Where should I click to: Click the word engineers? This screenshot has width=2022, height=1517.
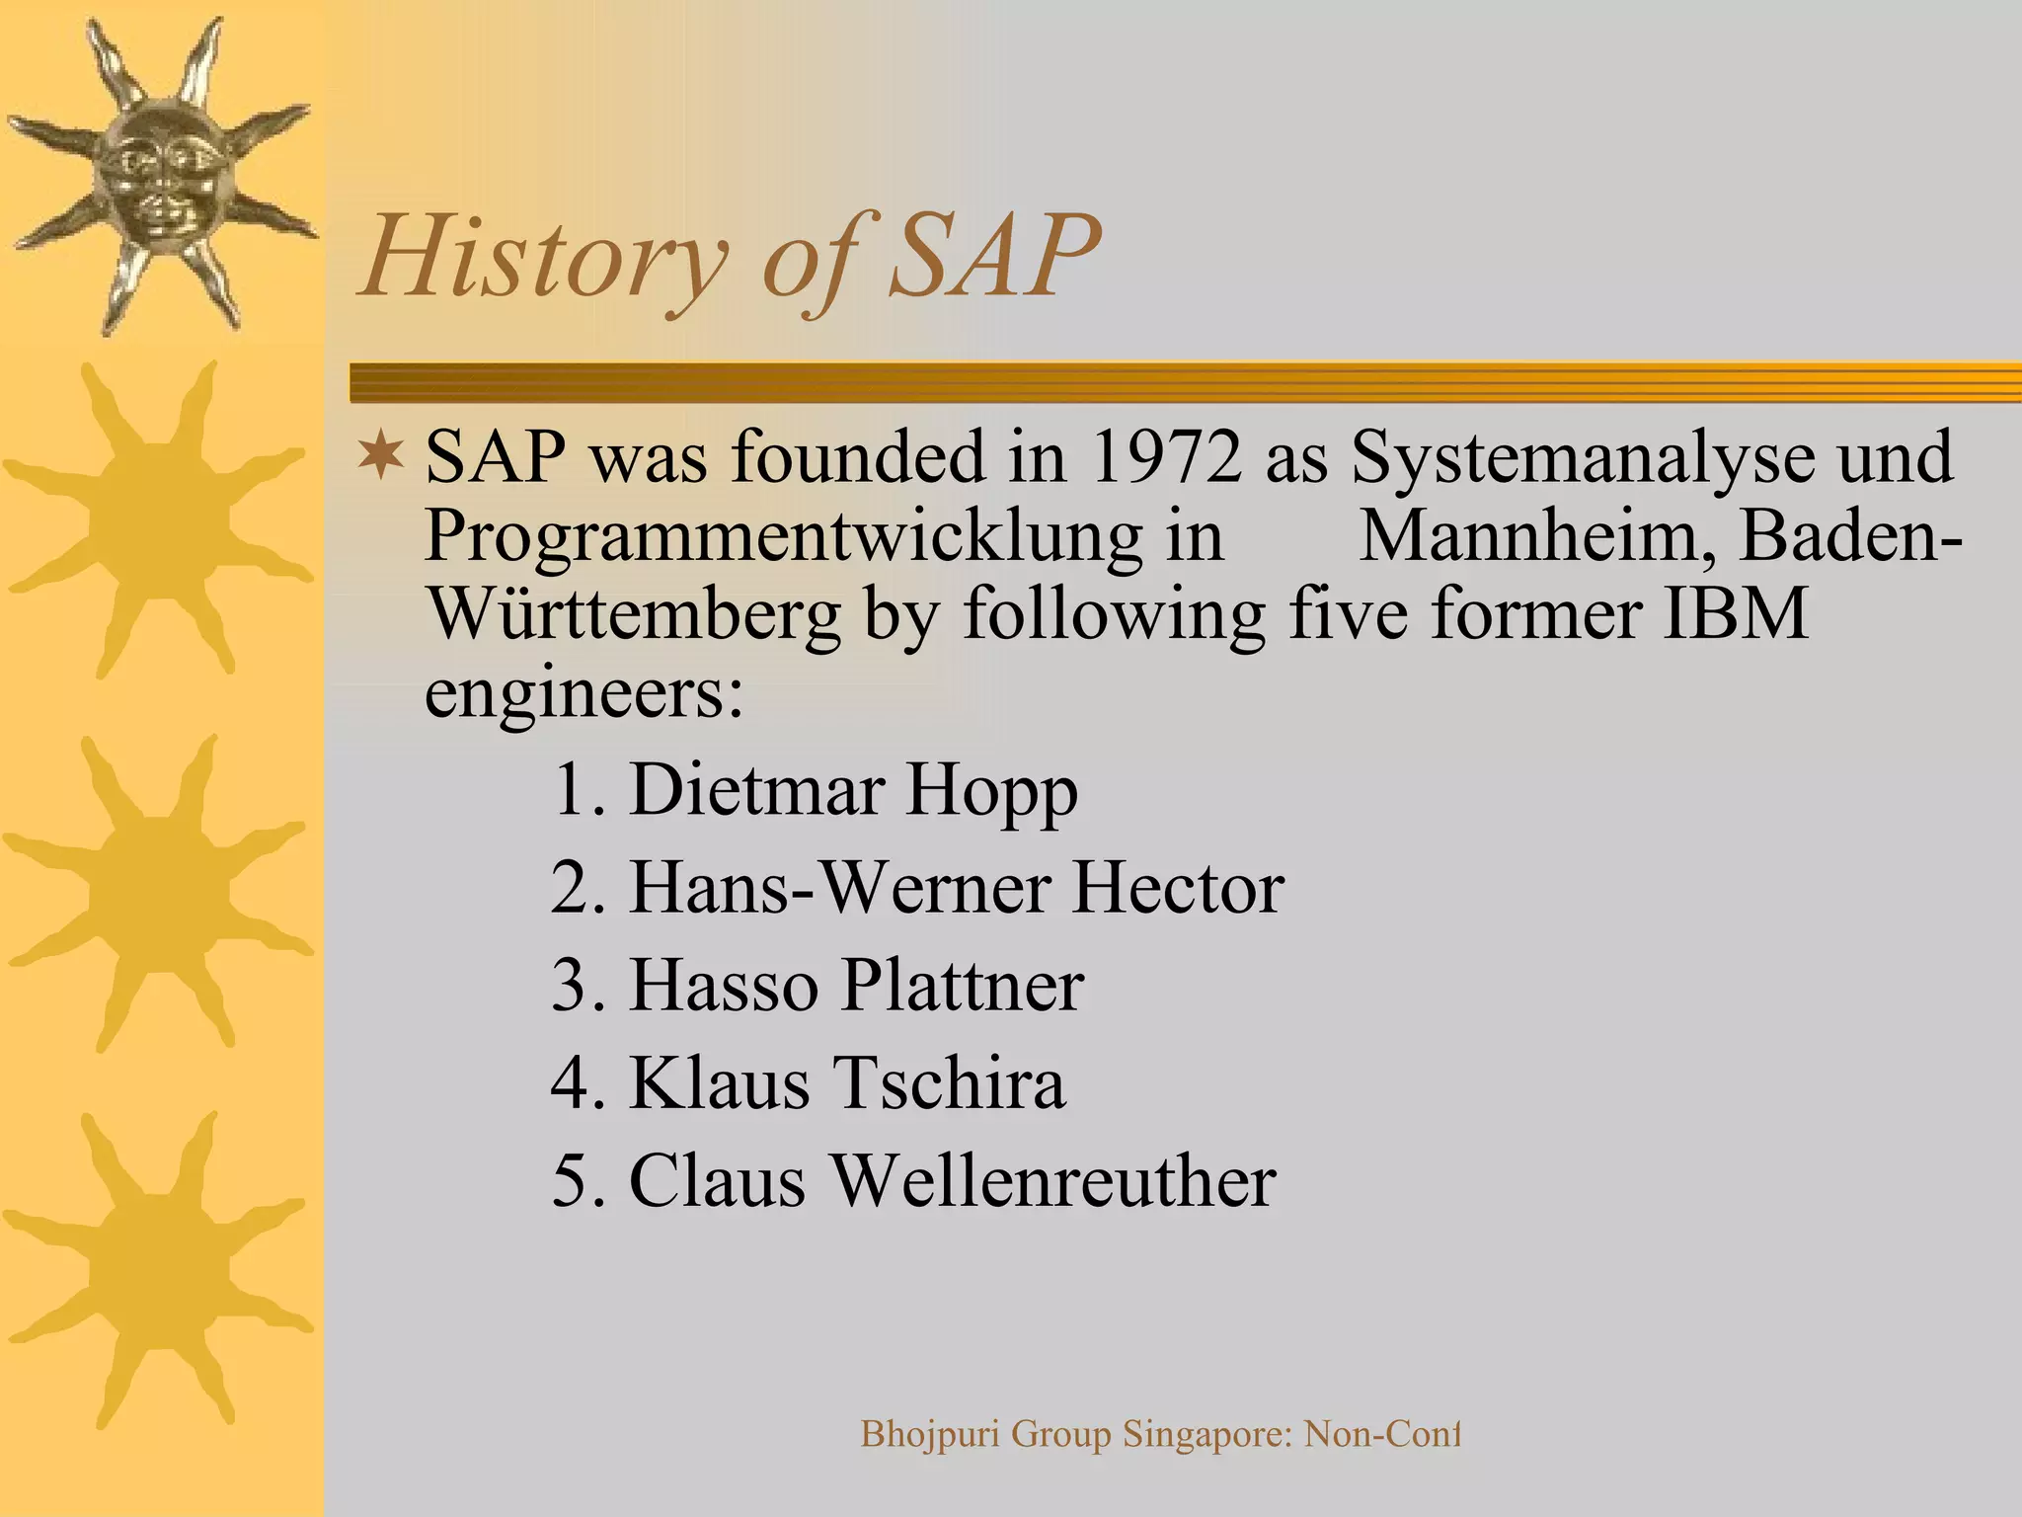coord(583,692)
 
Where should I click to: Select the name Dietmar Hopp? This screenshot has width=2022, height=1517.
coord(853,790)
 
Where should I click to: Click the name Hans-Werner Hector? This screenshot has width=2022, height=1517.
coord(956,888)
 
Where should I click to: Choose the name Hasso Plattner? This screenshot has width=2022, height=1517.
coord(856,985)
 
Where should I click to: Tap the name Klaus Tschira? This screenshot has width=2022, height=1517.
coord(847,1082)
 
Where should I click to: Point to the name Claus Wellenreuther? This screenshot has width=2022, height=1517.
coord(952,1180)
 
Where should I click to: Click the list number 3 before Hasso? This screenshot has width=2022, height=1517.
coord(574,985)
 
